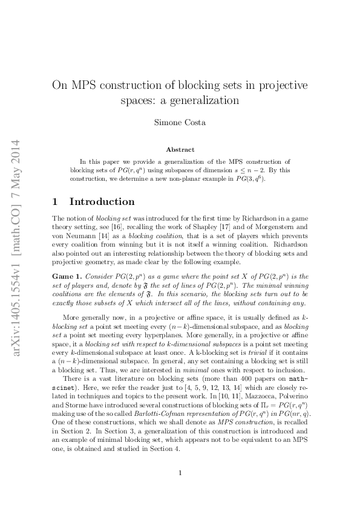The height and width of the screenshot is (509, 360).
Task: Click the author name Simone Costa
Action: [x=180, y=122]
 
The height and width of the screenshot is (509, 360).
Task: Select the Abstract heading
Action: [x=180, y=149]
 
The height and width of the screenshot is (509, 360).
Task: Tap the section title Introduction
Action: [x=102, y=202]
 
